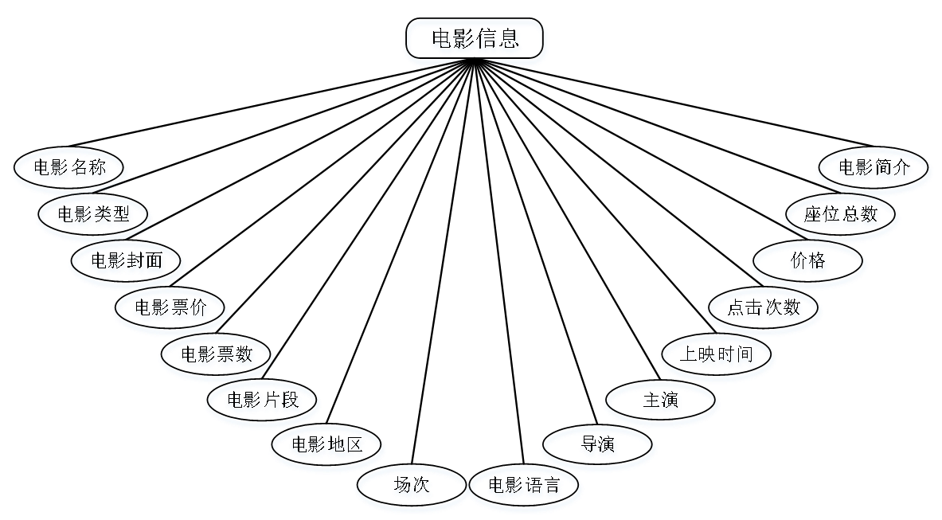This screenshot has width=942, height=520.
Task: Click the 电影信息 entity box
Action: (x=476, y=41)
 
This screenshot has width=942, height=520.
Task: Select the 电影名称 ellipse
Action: (x=70, y=170)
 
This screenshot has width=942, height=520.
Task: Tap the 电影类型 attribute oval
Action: (x=94, y=216)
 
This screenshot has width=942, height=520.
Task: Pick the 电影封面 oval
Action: (x=127, y=262)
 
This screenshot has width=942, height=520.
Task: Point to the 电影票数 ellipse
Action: (x=217, y=355)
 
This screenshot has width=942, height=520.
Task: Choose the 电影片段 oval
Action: (x=264, y=401)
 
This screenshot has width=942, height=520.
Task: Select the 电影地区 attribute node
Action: (x=327, y=446)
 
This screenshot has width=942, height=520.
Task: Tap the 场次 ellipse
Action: (x=412, y=487)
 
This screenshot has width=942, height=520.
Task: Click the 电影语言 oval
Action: (x=526, y=487)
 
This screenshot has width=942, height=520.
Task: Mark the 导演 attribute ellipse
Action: (x=598, y=447)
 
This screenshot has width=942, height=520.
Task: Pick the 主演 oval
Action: (x=662, y=402)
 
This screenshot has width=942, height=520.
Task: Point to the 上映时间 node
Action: (x=717, y=356)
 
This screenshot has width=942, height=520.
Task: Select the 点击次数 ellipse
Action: (x=764, y=308)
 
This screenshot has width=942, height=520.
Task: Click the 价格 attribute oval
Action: (x=809, y=263)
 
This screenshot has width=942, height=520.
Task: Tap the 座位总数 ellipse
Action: (x=842, y=216)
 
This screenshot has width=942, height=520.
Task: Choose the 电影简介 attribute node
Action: (x=874, y=170)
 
